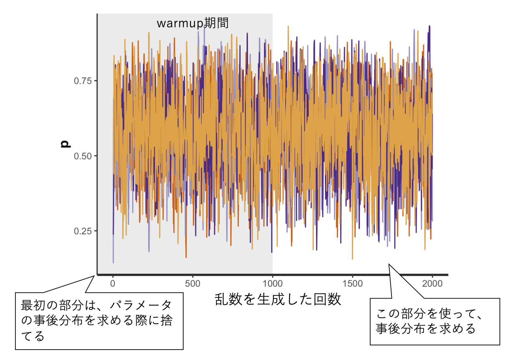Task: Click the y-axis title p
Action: [x=65, y=145]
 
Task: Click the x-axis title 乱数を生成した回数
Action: [x=278, y=299]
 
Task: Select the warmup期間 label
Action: [x=193, y=23]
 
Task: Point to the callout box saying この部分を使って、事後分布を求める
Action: [x=435, y=321]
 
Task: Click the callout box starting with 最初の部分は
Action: [x=99, y=321]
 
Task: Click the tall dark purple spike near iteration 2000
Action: [x=429, y=27]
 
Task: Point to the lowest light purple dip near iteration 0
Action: [x=113, y=262]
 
